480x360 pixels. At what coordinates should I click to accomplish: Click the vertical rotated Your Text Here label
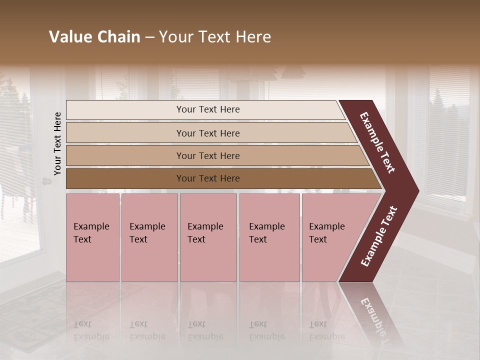click(x=57, y=143)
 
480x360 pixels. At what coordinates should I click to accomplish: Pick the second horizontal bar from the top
click(x=207, y=133)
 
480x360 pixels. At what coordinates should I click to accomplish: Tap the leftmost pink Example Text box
click(x=92, y=237)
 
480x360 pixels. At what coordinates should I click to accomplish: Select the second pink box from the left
click(x=149, y=237)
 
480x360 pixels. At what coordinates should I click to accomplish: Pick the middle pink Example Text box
click(x=208, y=237)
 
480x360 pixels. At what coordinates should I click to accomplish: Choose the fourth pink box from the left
click(x=269, y=237)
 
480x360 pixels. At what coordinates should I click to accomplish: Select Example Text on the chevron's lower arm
click(x=378, y=236)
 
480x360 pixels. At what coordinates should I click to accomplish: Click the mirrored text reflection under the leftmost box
click(x=91, y=330)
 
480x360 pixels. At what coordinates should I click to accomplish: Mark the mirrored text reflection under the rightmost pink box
click(x=326, y=330)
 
